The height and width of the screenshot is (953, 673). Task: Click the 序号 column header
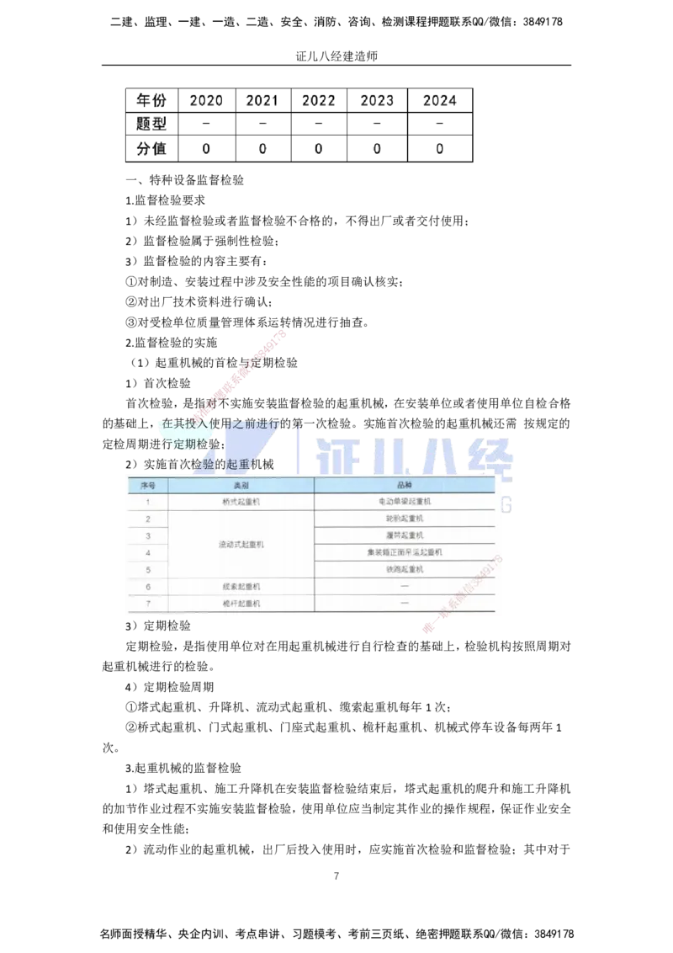148,486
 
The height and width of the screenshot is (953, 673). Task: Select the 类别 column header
241,486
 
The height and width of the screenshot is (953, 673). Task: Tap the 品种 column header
405,486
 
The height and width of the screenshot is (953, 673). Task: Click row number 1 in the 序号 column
148,502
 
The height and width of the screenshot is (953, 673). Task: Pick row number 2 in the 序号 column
148,519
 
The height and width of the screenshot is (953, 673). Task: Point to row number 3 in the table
148,535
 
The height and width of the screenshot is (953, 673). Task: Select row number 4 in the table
148,552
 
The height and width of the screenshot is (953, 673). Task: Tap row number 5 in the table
148,569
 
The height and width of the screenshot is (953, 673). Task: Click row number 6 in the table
148,586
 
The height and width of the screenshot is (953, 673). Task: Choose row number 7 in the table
148,604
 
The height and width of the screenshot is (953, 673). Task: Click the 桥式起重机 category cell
241,502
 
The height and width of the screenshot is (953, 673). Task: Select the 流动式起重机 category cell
241,545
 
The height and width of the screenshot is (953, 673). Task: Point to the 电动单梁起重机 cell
405,502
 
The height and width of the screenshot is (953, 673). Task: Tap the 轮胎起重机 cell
405,519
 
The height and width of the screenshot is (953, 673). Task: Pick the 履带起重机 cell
405,535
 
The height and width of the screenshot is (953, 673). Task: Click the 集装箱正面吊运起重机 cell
405,552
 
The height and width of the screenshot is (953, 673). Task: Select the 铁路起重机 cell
405,569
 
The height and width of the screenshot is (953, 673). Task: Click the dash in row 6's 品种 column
405,586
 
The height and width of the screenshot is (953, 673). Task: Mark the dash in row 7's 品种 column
405,604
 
